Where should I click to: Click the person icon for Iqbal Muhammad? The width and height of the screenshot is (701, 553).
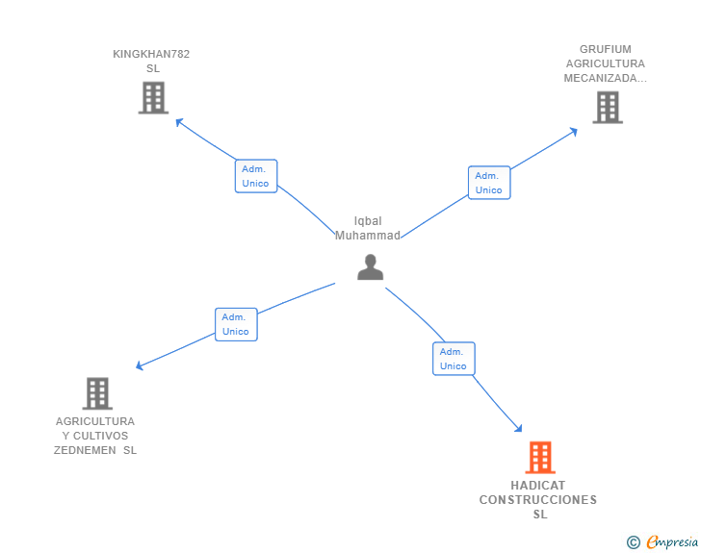click(370, 267)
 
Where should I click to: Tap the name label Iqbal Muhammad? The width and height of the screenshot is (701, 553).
click(368, 228)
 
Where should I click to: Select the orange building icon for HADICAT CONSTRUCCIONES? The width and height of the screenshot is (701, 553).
click(540, 458)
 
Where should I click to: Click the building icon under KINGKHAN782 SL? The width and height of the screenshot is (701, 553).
click(153, 97)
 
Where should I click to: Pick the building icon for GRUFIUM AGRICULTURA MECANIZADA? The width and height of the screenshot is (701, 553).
click(608, 107)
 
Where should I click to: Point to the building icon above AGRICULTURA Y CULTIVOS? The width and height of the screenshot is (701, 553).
click(97, 393)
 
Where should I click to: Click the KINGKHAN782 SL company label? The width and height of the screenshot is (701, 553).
click(151, 62)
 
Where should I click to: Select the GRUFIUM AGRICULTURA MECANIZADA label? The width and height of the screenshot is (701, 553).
click(606, 63)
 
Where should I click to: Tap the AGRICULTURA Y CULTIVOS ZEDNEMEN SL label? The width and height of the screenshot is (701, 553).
click(95, 436)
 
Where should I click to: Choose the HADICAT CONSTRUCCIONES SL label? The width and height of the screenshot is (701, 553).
click(538, 499)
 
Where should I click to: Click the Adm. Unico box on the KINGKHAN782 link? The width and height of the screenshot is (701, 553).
click(256, 176)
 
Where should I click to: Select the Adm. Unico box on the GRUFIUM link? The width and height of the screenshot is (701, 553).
click(489, 183)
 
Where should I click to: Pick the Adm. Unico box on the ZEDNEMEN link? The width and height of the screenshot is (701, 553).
click(236, 324)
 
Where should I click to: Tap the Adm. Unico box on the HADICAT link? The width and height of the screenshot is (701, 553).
click(454, 359)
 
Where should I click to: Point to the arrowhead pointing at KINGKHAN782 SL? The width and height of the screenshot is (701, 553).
click(179, 121)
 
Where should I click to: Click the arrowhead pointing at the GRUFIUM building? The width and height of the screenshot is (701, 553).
click(574, 132)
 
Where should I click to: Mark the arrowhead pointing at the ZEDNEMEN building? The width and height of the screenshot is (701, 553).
click(140, 365)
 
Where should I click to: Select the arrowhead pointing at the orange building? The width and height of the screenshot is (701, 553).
click(518, 428)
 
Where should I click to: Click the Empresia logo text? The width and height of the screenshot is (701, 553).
click(672, 541)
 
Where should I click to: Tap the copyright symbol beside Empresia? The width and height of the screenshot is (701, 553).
click(634, 542)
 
